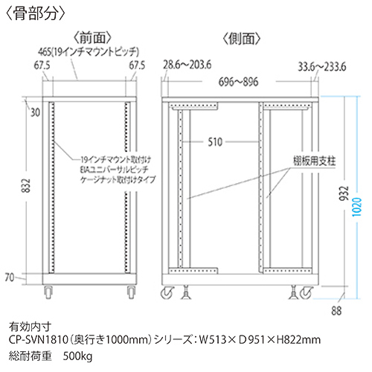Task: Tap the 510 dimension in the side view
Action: (215, 142)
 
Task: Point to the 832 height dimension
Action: (27, 185)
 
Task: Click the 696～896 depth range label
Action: (238, 82)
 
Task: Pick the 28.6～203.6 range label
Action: (187, 65)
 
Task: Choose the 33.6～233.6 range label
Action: (321, 67)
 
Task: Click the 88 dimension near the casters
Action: (336, 311)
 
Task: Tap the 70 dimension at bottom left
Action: (10, 278)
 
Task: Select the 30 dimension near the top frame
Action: (35, 113)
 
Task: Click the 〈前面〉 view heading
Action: (92, 38)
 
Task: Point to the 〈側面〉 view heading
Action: (242, 39)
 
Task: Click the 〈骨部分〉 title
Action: (35, 14)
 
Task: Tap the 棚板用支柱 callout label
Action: (314, 161)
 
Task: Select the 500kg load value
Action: (77, 356)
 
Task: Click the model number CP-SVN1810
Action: (39, 339)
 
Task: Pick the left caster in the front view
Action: (48, 292)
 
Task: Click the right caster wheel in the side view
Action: (306, 292)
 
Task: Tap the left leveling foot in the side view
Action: (185, 292)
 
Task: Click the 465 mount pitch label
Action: (89, 52)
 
